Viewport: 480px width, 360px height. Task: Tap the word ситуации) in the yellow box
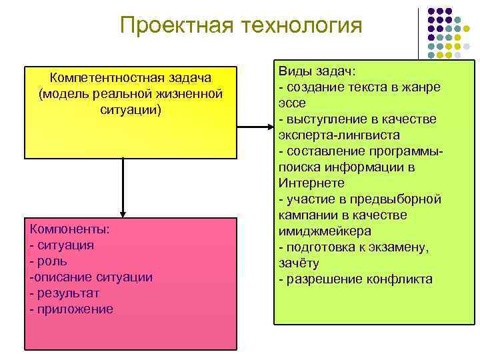click(131, 109)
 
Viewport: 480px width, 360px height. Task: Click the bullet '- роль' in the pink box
click(53, 261)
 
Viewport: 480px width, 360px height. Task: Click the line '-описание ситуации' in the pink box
click(91, 277)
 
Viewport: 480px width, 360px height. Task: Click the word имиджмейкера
click(325, 231)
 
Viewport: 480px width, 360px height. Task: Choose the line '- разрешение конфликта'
click(355, 279)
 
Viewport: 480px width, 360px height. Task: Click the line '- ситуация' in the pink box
click(62, 245)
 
